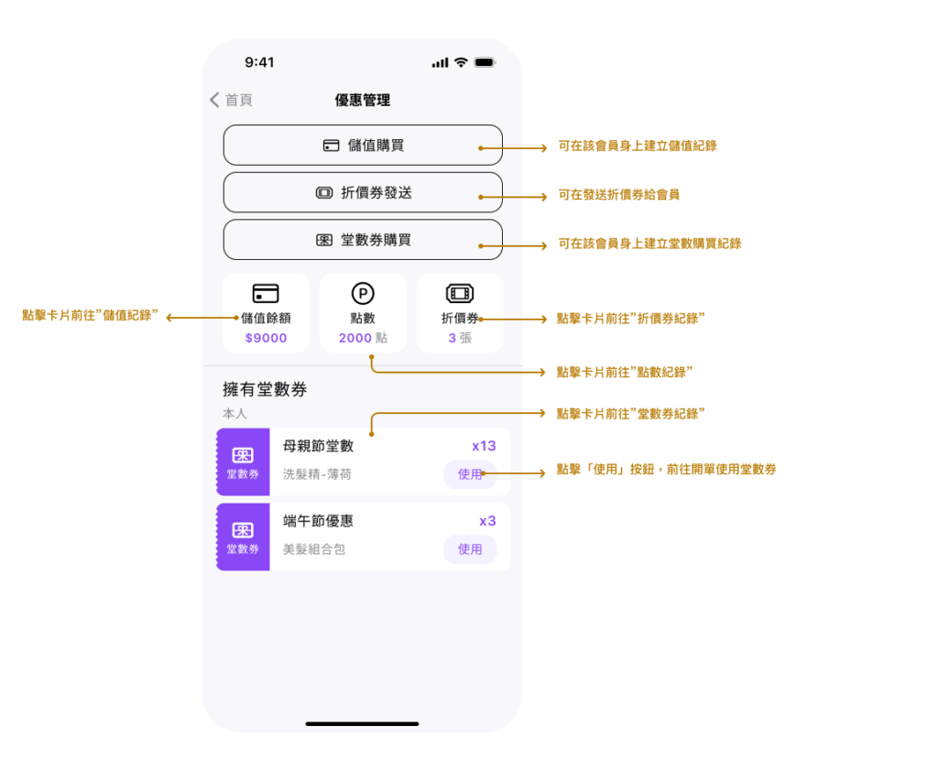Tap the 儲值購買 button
click(x=363, y=146)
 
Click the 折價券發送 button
click(x=363, y=192)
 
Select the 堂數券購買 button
click(x=363, y=240)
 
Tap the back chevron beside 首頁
click(x=214, y=100)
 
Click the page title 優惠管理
click(x=363, y=100)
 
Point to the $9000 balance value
click(x=267, y=338)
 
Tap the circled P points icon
click(x=363, y=294)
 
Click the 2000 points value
click(x=355, y=338)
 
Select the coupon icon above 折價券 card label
click(x=460, y=294)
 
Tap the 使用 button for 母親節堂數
click(x=470, y=474)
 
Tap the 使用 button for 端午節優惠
click(x=470, y=549)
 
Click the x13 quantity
click(x=484, y=446)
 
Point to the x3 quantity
click(x=487, y=521)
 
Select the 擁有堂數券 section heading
click(x=265, y=390)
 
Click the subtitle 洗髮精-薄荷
click(x=317, y=474)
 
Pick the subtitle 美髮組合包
click(x=314, y=549)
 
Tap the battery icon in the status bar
click(x=485, y=62)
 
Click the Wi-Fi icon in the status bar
click(x=461, y=62)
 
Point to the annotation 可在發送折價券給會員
click(x=618, y=195)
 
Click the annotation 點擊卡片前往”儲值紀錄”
click(x=91, y=315)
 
